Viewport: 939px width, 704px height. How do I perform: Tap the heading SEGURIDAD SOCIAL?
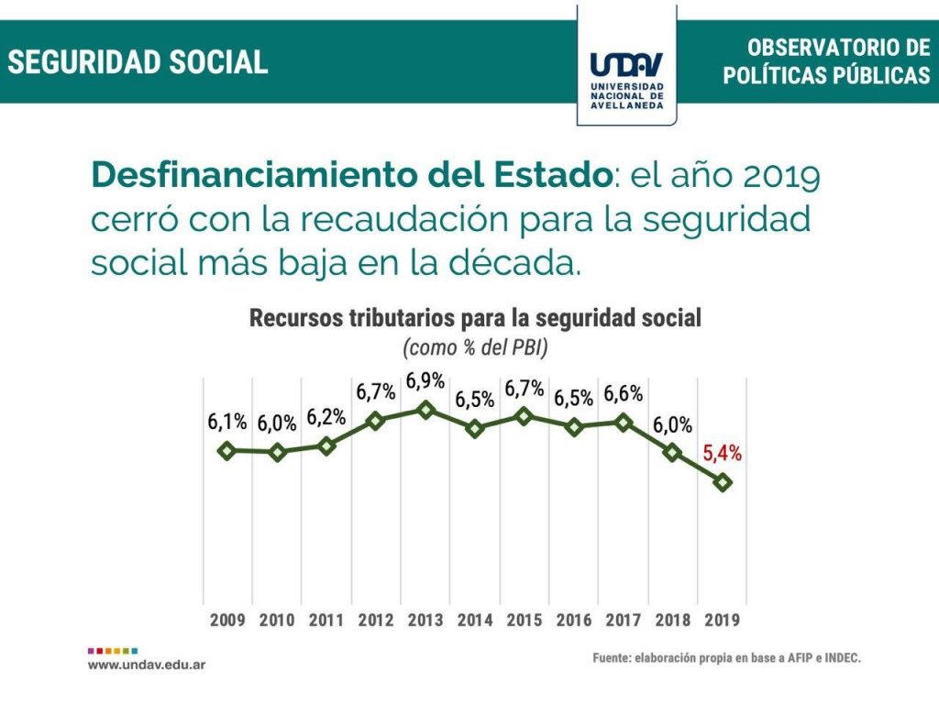click(x=138, y=61)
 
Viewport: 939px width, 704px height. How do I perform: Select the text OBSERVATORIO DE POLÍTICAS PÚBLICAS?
click(x=826, y=61)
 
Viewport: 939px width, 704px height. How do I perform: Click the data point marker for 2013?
click(x=425, y=409)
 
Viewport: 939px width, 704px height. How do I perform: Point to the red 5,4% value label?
click(x=723, y=452)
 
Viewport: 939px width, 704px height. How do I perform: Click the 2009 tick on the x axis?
click(x=227, y=620)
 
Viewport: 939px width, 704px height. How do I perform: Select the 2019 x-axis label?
click(x=723, y=620)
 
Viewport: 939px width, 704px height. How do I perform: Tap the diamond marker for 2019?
click(x=724, y=482)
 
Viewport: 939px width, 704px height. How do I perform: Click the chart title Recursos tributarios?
click(x=475, y=319)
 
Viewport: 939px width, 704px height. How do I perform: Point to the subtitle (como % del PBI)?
click(x=475, y=348)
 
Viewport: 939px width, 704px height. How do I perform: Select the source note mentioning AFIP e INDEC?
click(x=727, y=658)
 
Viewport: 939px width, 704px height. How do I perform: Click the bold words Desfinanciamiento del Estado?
click(x=351, y=175)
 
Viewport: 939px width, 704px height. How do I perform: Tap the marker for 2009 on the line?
click(x=227, y=450)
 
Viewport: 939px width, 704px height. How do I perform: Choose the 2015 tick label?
click(x=525, y=620)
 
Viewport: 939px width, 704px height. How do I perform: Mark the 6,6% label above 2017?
click(x=624, y=394)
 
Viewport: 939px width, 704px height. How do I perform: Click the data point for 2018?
click(x=673, y=452)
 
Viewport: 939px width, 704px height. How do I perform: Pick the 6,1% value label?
click(x=226, y=423)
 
